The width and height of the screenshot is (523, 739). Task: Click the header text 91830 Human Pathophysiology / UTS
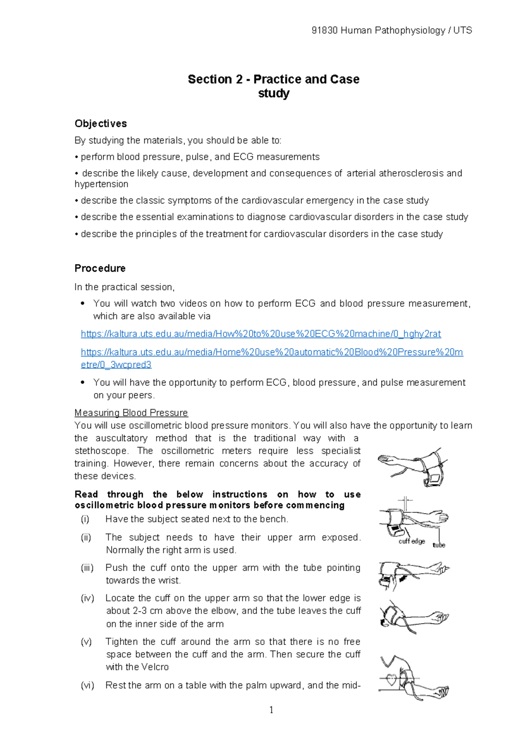[392, 31]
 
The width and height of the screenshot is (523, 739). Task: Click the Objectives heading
[101, 124]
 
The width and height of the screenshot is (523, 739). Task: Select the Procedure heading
[100, 268]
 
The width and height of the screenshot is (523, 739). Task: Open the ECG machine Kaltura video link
[261, 334]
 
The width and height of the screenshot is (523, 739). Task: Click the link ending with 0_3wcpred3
[116, 365]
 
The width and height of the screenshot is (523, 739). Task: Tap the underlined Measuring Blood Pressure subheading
[131, 413]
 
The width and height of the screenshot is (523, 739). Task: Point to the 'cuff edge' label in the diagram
[411, 541]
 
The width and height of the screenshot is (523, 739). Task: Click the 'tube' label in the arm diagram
[438, 545]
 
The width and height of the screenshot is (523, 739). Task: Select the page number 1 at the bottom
[271, 710]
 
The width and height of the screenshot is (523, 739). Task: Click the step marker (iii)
[87, 568]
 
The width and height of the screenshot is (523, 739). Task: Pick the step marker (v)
[86, 642]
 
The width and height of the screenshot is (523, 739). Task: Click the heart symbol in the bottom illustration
[392, 680]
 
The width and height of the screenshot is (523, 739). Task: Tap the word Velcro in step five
[155, 667]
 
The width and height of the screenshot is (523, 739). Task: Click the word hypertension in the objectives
[101, 184]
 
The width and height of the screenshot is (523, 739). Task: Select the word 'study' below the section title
[274, 94]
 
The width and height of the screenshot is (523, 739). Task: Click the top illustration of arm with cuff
[412, 467]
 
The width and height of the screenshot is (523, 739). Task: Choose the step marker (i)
[85, 519]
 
